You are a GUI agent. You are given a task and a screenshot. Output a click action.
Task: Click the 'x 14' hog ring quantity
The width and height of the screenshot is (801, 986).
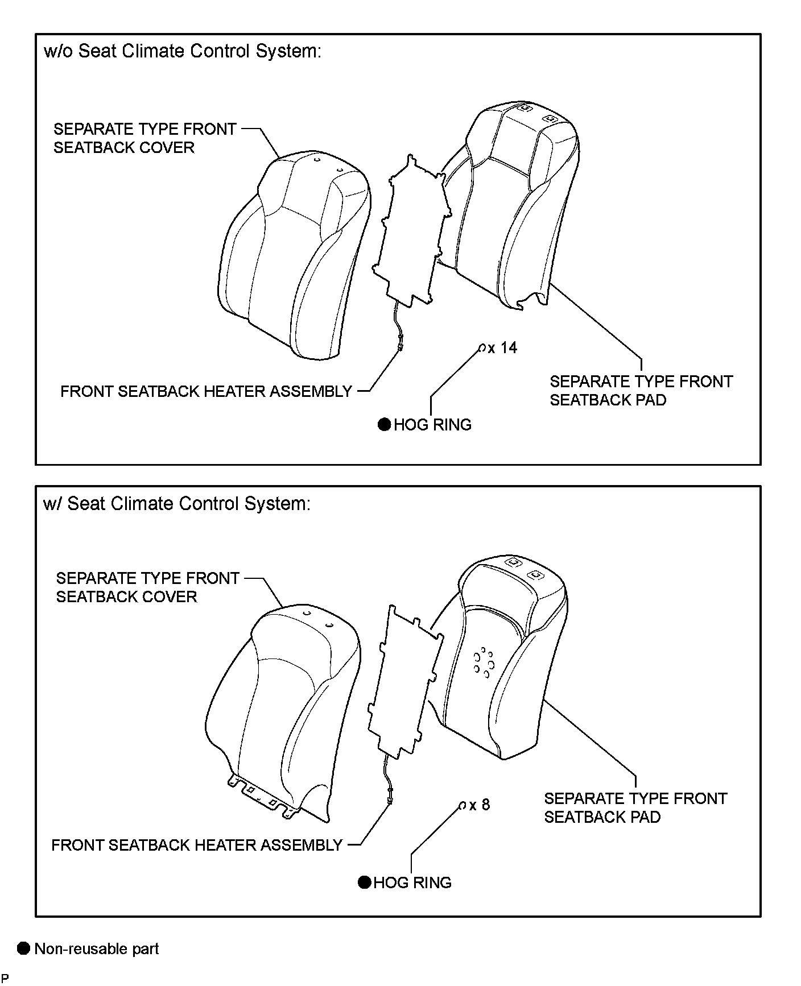coord(503,347)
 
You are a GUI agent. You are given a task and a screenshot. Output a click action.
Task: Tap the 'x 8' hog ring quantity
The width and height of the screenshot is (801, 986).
coord(480,805)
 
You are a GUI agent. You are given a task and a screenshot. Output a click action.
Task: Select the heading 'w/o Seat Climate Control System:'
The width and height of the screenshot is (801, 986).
coord(182,51)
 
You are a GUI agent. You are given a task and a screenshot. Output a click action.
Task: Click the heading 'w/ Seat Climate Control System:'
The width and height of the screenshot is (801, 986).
coord(177,503)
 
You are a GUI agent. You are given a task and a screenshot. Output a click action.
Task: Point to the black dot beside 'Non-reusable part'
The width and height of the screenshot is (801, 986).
coord(23,948)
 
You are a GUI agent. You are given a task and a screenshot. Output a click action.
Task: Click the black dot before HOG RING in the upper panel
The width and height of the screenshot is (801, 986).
coord(385,424)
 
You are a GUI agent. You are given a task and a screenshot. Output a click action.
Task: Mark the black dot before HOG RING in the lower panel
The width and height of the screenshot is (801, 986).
coord(365,882)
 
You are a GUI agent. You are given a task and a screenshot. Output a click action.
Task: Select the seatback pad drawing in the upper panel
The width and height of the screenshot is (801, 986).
coord(506,205)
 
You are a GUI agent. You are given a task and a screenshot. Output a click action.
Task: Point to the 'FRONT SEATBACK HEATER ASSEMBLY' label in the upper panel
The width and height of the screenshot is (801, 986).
coord(206,391)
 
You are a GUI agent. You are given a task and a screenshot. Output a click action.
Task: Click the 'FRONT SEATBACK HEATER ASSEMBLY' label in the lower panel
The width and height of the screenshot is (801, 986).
coord(197,845)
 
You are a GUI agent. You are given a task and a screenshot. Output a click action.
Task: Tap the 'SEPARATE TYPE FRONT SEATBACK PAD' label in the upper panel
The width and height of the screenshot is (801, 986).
coord(641,391)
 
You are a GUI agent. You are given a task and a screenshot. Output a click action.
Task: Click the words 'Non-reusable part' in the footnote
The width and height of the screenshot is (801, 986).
coord(97,948)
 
